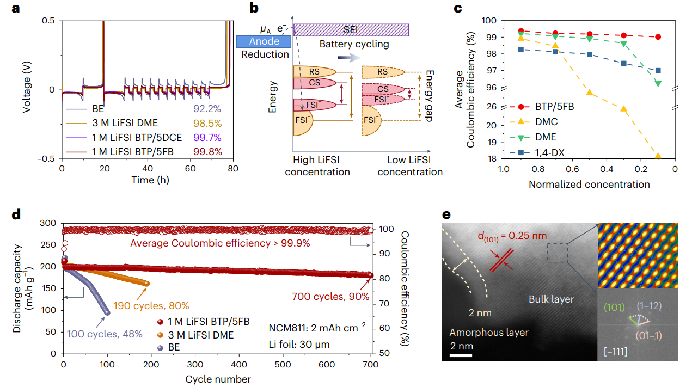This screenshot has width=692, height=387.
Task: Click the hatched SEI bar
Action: coord(351,30)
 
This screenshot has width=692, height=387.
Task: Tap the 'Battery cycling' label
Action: coord(354,44)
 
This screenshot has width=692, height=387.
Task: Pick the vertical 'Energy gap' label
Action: coord(430,96)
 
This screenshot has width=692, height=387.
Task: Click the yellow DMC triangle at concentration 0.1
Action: coord(658,156)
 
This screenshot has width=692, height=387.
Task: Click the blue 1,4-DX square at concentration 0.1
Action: coord(658,70)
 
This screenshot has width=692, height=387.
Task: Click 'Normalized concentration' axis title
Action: coord(589,184)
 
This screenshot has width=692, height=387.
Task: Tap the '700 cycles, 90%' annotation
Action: coord(330,297)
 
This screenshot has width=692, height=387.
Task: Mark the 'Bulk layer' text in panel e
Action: coord(551,299)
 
